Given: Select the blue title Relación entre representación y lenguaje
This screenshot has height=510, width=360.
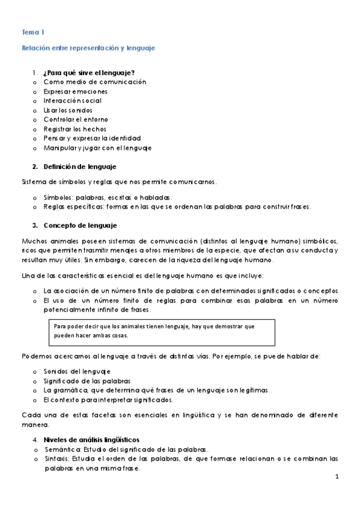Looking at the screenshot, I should [88, 48].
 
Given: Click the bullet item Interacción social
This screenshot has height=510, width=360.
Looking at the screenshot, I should [72, 100].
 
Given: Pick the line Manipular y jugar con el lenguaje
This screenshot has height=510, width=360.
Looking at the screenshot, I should [97, 147].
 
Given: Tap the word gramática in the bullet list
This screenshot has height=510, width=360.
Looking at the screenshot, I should [69, 390].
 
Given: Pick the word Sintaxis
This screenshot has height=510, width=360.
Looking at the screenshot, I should [55, 459].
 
